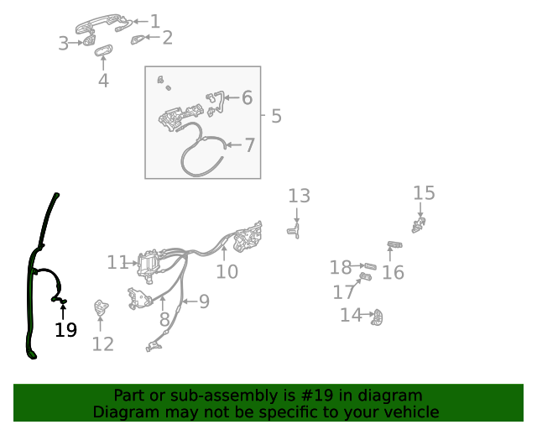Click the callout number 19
[x=65, y=330]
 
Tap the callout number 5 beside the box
[x=276, y=116]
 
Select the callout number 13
[x=299, y=196]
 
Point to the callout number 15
[x=424, y=193]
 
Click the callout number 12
[x=102, y=343]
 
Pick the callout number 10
[x=227, y=271]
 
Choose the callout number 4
[x=103, y=81]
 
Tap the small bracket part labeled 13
[x=295, y=229]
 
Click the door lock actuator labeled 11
[x=149, y=265]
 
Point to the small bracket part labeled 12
[x=102, y=309]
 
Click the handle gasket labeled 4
[x=103, y=52]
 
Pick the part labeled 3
[x=86, y=42]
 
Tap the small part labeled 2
[x=138, y=39]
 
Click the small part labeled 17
[x=365, y=275]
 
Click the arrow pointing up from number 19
[x=63, y=311]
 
